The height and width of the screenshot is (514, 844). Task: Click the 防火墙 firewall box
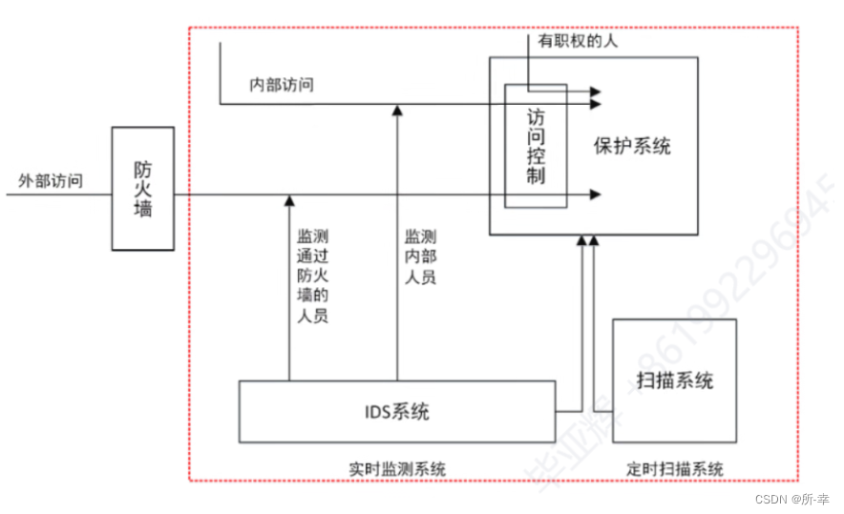tap(142, 188)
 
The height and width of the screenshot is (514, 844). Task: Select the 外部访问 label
tap(50, 180)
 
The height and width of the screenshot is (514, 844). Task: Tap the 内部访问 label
tap(282, 85)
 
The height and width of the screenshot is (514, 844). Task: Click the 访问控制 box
tap(536, 146)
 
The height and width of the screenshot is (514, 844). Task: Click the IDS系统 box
tap(396, 412)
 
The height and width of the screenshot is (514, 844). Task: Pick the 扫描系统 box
tap(674, 380)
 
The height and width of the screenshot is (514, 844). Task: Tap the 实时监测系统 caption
tap(397, 469)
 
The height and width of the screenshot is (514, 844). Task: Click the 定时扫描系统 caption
tap(675, 469)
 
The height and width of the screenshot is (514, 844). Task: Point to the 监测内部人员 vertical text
tap(421, 257)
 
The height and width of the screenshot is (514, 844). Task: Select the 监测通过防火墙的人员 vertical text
tap(313, 276)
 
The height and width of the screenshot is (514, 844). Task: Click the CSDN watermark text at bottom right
tap(792, 499)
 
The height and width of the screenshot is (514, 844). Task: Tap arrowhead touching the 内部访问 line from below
tap(397, 110)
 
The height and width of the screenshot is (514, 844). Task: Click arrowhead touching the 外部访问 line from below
tap(288, 200)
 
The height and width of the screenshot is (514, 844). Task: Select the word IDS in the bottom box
tap(376, 412)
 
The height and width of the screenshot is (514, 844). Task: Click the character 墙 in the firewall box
tap(142, 208)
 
